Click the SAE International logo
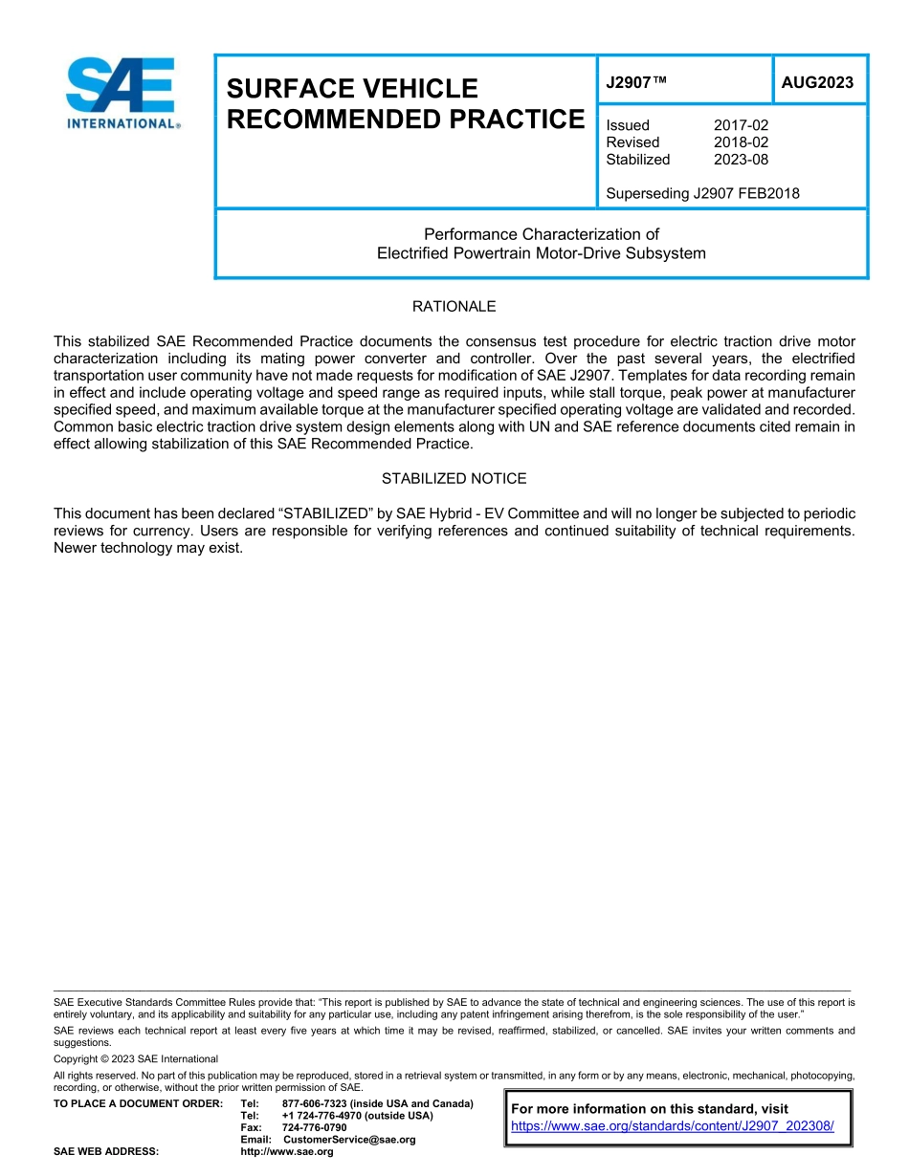pos(122,93)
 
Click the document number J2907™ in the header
pos(635,83)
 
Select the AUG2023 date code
pos(817,83)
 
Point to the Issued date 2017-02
pos(741,125)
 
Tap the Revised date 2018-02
pos(741,142)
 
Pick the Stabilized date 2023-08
pos(741,160)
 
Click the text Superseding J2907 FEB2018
pos(702,194)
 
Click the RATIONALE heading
pos(454,307)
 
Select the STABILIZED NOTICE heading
pos(454,479)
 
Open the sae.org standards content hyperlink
pos(673,1126)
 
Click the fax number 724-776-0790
pos(314,1128)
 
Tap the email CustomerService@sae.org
pos(349,1140)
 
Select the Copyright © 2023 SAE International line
pos(136,1059)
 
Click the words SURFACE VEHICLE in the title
pos(351,89)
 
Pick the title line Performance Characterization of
pos(542,234)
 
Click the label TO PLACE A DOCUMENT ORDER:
pos(138,1104)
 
